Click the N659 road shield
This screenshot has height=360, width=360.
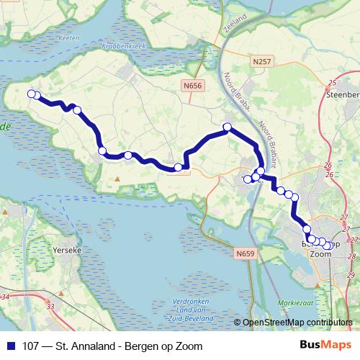(245, 253)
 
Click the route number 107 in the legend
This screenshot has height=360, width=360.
(32, 346)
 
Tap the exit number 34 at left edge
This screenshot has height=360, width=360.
(6, 296)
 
